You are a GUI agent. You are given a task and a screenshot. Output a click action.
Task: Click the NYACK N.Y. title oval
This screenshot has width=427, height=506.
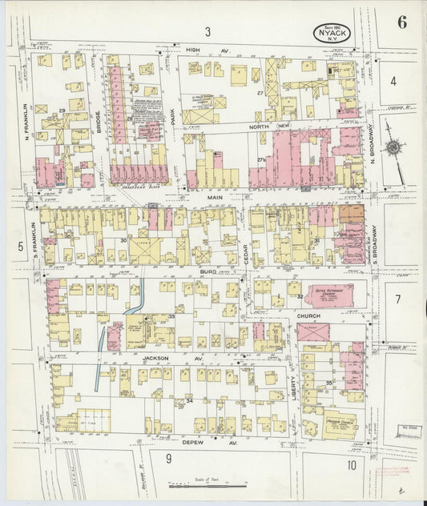(x=332, y=34)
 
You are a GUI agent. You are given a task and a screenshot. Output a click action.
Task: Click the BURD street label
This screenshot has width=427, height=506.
(x=207, y=272)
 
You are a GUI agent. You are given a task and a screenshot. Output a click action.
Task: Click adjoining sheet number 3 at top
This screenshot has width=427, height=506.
(x=207, y=32)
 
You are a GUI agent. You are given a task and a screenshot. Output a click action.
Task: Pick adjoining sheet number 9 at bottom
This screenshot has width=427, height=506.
(x=168, y=458)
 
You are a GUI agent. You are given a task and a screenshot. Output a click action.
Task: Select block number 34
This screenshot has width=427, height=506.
(x=189, y=399)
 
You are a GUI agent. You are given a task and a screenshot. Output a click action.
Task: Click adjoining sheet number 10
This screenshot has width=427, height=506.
(x=351, y=465)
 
